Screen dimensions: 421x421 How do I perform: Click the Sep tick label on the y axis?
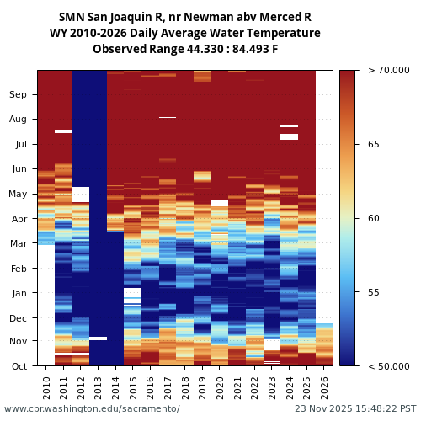tap(19, 94)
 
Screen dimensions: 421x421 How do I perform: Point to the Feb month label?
tap(19, 269)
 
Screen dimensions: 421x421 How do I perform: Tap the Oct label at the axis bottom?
tap(19, 366)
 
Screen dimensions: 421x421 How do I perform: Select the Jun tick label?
tap(19, 169)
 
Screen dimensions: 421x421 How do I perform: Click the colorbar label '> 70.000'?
tap(383, 71)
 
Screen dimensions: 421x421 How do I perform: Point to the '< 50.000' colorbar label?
tap(383, 366)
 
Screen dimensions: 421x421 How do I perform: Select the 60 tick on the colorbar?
tap(374, 219)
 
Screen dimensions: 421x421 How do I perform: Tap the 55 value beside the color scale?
tap(374, 292)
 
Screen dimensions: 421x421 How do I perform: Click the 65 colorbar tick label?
tap(374, 145)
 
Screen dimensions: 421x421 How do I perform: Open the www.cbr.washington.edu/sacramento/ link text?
tap(92, 409)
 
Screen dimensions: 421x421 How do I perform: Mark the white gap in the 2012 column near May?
tap(81, 195)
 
